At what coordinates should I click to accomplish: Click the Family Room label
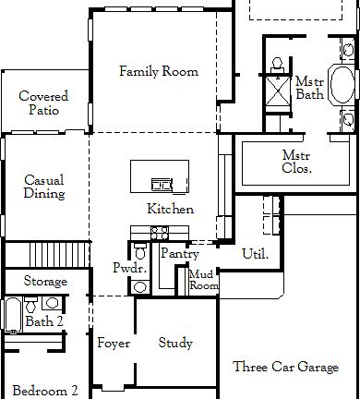(x=159, y=71)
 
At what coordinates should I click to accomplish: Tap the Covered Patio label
(x=39, y=103)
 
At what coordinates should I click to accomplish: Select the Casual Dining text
(x=43, y=187)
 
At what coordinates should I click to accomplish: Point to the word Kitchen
(x=170, y=210)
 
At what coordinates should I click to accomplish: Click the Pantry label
(x=180, y=253)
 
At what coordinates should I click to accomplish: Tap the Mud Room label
(x=203, y=281)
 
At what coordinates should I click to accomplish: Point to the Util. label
(x=255, y=253)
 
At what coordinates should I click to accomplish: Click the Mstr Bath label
(x=309, y=89)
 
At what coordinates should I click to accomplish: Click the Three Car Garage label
(x=284, y=368)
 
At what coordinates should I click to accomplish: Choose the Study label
(x=175, y=344)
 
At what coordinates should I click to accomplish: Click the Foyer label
(x=114, y=344)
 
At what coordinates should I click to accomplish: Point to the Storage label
(x=45, y=282)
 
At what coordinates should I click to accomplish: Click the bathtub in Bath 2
(x=12, y=314)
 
